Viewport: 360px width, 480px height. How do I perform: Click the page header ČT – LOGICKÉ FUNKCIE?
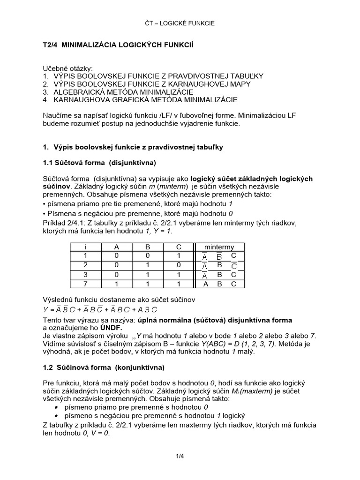[180, 23]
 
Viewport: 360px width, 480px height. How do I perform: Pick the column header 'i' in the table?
[86, 247]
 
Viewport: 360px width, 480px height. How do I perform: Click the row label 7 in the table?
[86, 284]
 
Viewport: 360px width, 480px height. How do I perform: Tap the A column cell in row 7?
[117, 284]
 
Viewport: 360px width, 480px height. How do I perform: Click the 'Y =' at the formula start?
[48, 309]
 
